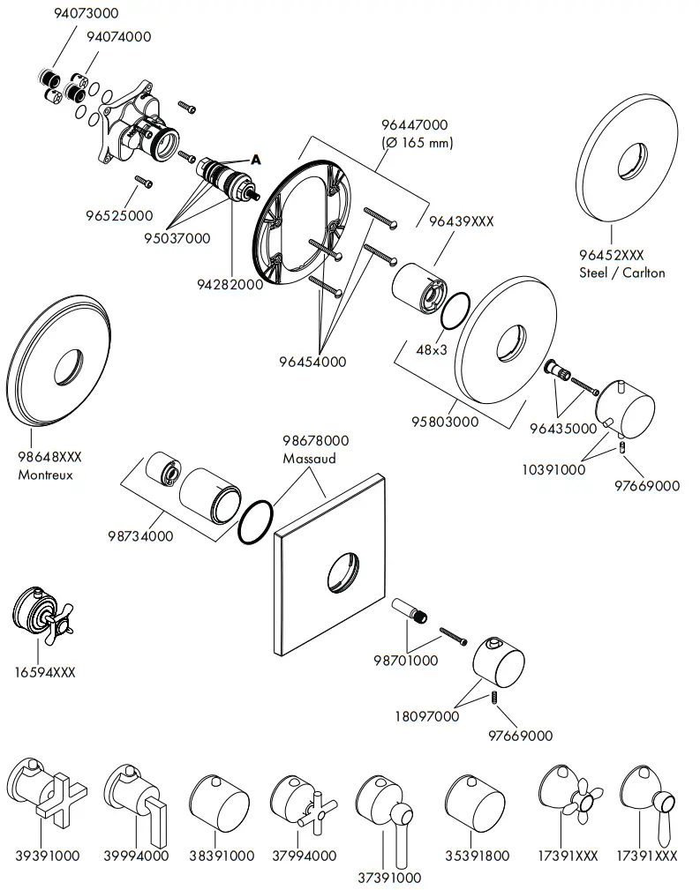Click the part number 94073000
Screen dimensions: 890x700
point(86,13)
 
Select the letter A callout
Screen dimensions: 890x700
point(256,160)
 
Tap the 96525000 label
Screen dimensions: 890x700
point(119,215)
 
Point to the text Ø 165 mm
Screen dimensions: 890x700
point(414,142)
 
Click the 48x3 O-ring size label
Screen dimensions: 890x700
point(432,349)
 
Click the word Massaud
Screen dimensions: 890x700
point(309,459)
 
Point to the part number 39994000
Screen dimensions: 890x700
point(136,855)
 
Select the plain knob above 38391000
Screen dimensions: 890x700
point(220,804)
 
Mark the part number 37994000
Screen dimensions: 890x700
point(304,855)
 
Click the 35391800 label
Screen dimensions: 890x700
point(478,855)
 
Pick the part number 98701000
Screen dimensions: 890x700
point(405,660)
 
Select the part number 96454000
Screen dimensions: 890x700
point(312,362)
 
